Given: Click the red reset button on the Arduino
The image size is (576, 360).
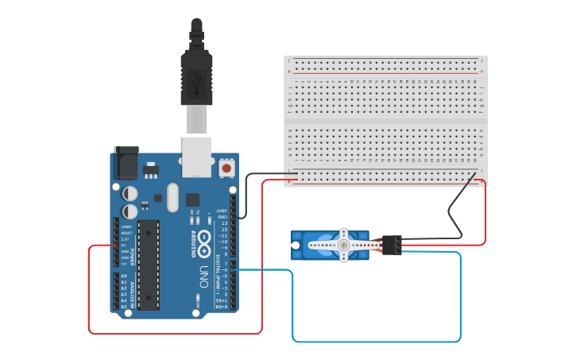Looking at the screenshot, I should [226, 168].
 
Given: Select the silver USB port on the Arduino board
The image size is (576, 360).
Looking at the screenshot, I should [197, 156].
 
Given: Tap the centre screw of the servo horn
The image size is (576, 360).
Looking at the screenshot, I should [343, 246].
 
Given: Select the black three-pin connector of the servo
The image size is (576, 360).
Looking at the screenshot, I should [392, 245].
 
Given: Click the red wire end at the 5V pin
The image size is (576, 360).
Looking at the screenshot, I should [117, 245].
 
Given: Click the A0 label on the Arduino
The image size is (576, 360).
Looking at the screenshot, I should [124, 276].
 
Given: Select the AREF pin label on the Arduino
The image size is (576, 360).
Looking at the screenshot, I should [222, 211].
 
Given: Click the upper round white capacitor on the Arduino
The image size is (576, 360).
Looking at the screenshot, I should [130, 193].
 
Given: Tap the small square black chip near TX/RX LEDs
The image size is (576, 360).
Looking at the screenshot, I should [193, 199].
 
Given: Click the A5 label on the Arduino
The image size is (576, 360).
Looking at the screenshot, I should [124, 306].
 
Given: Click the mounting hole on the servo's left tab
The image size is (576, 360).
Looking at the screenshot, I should [296, 246].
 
